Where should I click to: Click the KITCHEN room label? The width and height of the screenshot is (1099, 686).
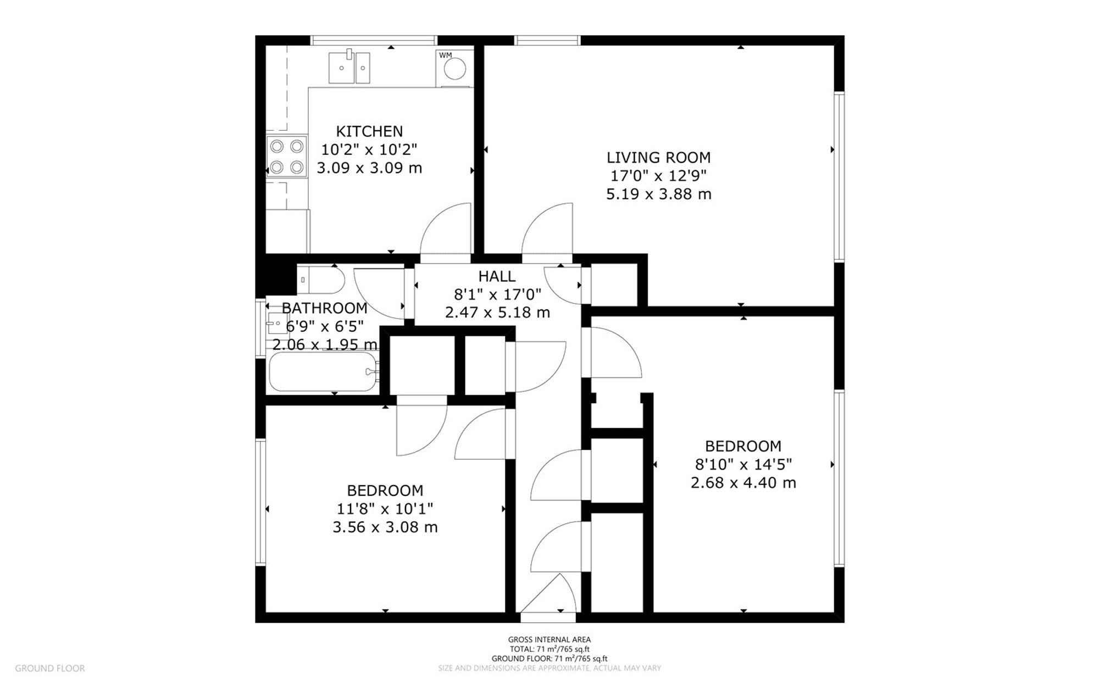tap(369, 131)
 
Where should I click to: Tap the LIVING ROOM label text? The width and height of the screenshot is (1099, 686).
tap(658, 158)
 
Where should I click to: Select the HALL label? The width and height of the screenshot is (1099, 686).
tap(497, 276)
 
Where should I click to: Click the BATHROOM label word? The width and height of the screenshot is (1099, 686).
tap(324, 308)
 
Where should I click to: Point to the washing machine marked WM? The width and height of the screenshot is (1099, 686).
tap(454, 68)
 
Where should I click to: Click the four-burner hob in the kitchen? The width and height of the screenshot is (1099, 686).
tap(286, 156)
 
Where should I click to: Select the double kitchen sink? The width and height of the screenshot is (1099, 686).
tap(349, 68)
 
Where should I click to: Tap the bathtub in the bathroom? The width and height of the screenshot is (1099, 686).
tap(323, 372)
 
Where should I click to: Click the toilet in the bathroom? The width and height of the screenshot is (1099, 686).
tap(321, 280)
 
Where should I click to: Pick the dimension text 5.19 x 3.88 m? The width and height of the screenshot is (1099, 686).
tap(658, 194)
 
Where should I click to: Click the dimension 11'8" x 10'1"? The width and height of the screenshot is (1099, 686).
tap(385, 509)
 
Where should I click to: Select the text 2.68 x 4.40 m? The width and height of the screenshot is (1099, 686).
tap(743, 483)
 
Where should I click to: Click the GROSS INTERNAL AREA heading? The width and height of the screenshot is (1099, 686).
tap(549, 639)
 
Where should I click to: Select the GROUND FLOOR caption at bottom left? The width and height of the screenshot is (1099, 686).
tap(50, 668)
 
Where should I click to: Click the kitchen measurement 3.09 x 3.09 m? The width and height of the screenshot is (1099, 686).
tap(369, 168)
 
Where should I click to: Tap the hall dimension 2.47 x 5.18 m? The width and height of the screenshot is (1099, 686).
tap(497, 313)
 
